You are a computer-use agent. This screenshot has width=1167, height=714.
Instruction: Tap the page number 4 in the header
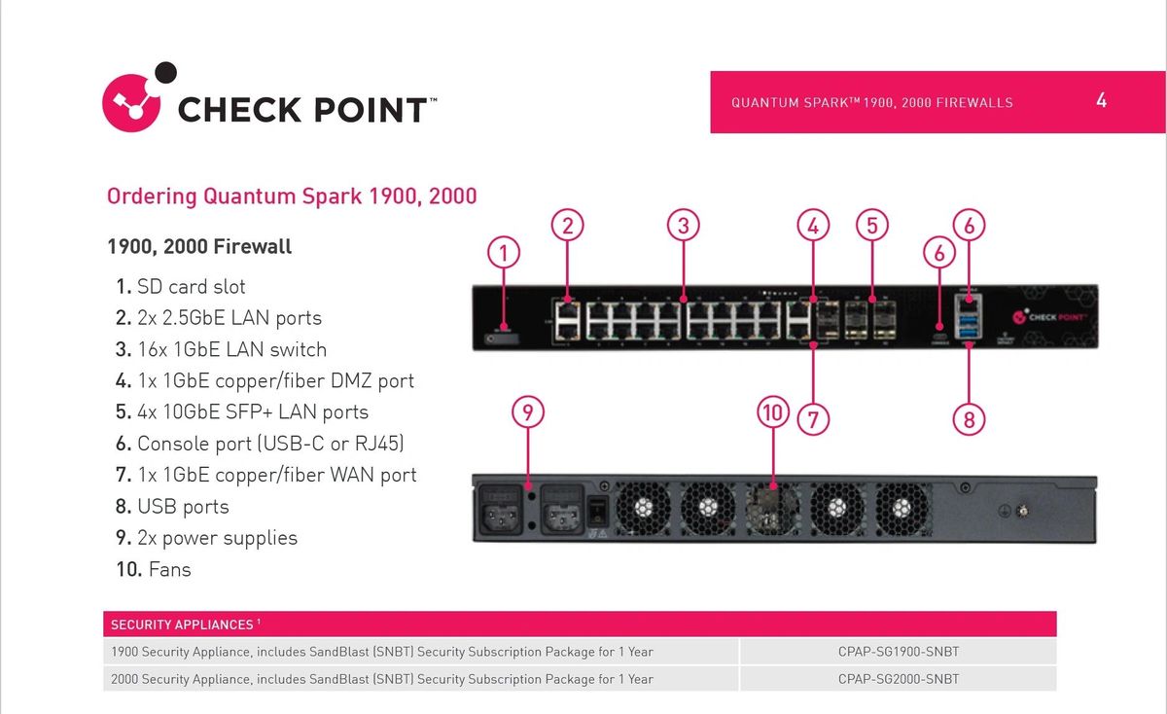(x=1101, y=100)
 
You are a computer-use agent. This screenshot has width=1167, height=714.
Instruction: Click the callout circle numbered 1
(x=504, y=255)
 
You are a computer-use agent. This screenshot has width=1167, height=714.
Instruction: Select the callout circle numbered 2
(x=568, y=226)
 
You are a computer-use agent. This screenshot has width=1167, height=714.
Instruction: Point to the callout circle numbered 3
(x=684, y=226)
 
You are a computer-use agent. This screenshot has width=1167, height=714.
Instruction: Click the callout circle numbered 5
(x=872, y=226)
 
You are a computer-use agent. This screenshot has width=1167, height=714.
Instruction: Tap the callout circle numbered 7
(x=813, y=419)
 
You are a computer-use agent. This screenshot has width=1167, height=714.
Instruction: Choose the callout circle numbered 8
(x=970, y=419)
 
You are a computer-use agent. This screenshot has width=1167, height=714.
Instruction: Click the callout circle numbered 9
(x=527, y=412)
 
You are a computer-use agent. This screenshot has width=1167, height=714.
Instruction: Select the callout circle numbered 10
(x=772, y=412)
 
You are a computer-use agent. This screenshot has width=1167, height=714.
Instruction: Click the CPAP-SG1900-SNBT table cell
(x=898, y=652)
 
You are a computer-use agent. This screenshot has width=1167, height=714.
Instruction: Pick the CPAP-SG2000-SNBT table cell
(x=898, y=679)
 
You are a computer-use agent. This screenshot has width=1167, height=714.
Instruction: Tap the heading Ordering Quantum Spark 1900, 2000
(x=292, y=196)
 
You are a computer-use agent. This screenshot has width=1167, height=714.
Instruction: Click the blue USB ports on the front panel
(x=969, y=327)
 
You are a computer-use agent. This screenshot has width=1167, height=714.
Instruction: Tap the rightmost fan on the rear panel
(x=902, y=507)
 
